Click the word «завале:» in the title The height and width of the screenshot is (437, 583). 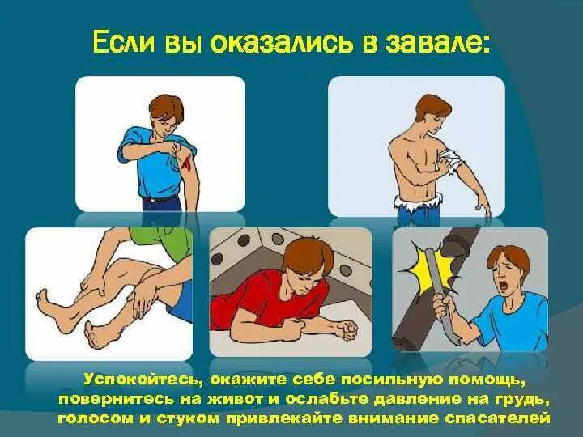[438, 44]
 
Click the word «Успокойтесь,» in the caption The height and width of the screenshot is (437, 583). [143, 380]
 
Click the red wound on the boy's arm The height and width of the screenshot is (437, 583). [186, 163]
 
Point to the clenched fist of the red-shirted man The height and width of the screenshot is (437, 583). [347, 330]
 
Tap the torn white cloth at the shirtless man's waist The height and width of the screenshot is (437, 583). [419, 202]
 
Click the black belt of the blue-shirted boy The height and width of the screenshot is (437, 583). [160, 198]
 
